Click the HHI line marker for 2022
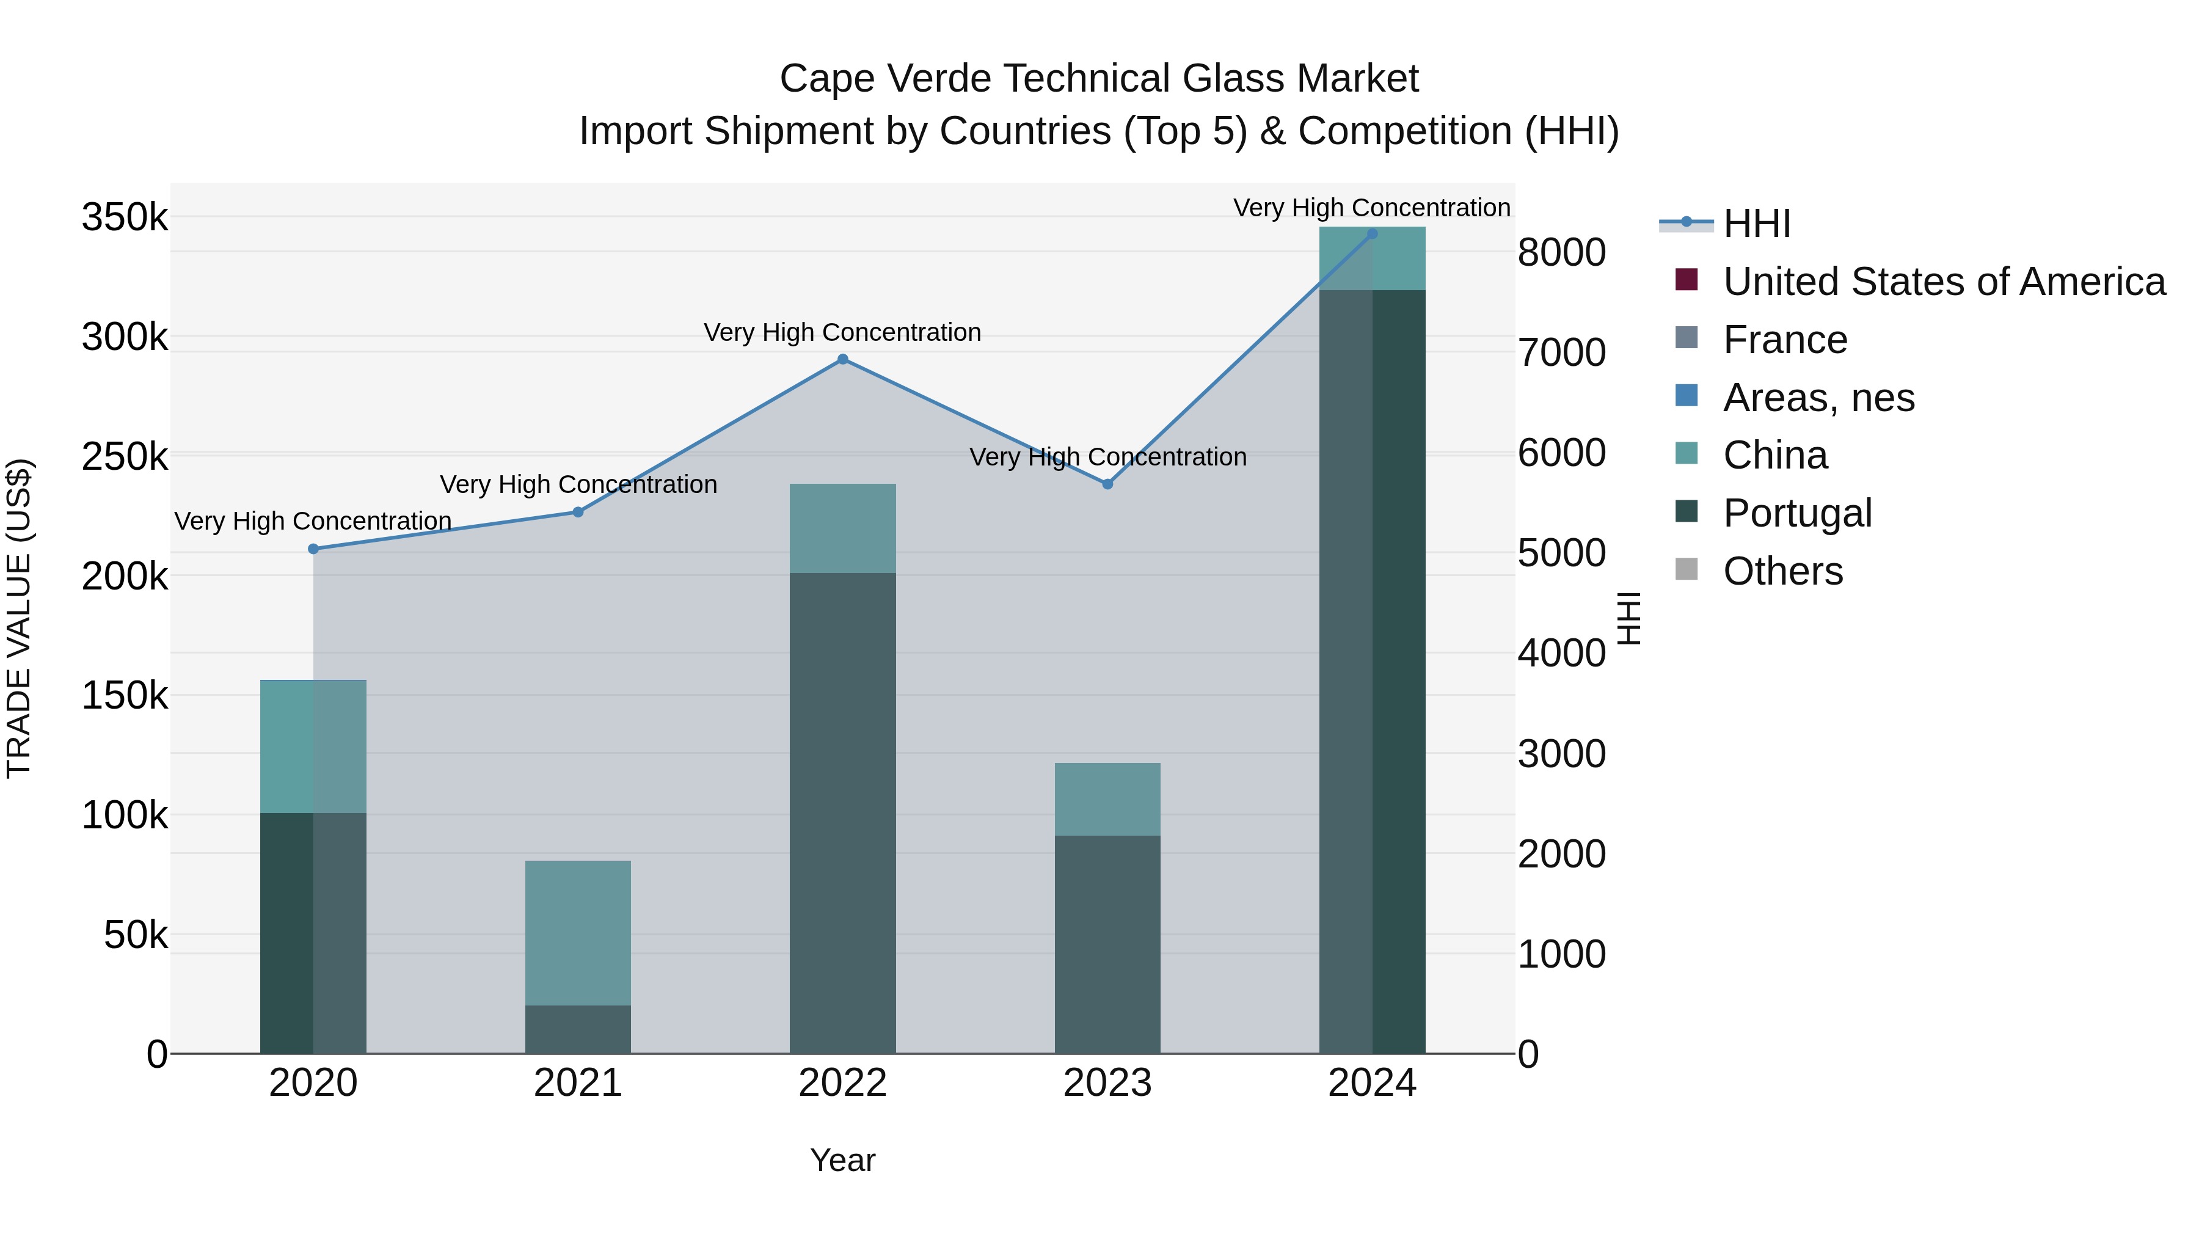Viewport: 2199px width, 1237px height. [x=842, y=359]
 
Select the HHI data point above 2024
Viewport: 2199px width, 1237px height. [x=1372, y=234]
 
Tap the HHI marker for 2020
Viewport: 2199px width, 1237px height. [x=313, y=549]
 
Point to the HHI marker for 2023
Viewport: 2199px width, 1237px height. [x=1107, y=484]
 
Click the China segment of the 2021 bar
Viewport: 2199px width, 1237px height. [x=578, y=932]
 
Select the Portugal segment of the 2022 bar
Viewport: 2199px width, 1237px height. [x=842, y=811]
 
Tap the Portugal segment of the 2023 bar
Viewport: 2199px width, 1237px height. [x=1107, y=943]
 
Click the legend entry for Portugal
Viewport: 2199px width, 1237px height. [x=1797, y=513]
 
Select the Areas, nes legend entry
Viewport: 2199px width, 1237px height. [x=1818, y=398]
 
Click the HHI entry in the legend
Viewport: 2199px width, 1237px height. [x=1756, y=224]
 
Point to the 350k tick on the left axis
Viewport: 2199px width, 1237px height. [x=125, y=217]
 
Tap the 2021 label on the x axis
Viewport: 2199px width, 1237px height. [x=578, y=1083]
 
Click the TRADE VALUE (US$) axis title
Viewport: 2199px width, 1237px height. [x=19, y=618]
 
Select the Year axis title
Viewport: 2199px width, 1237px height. [x=842, y=1160]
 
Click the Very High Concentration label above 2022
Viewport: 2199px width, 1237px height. [x=842, y=332]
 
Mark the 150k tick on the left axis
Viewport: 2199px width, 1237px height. [x=125, y=696]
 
